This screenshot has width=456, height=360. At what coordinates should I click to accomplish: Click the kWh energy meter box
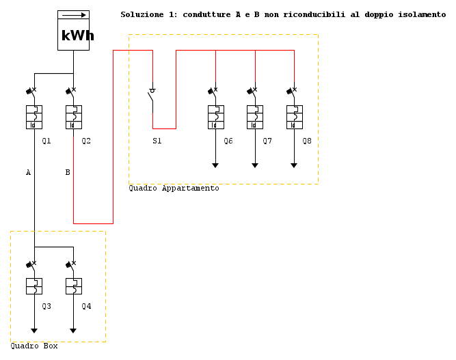(73, 30)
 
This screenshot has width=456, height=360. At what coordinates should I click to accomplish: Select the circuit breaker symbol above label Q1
(34, 116)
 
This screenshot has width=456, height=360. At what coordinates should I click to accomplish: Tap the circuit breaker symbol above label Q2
(73, 116)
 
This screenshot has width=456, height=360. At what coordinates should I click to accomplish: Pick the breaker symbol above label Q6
(215, 116)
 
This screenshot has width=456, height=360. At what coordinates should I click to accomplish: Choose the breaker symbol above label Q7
(255, 116)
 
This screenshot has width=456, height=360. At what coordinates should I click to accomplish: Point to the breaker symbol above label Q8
(294, 116)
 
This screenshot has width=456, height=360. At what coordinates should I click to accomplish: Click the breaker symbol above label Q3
(34, 286)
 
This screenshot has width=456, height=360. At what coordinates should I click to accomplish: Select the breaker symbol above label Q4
(73, 286)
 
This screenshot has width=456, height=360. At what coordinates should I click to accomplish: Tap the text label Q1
(46, 141)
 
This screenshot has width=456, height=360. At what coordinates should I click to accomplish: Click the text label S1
(157, 141)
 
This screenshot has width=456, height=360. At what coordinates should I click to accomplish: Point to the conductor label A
(28, 173)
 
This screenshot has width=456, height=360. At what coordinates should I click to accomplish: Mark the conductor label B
(67, 173)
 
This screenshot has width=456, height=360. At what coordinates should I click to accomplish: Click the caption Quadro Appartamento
(174, 189)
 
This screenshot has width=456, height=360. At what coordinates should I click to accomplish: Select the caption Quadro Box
(33, 346)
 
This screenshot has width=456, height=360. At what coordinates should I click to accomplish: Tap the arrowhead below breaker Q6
(215, 165)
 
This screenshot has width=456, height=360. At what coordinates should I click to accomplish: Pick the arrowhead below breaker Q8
(294, 165)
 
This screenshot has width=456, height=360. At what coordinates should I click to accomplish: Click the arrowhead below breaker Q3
(34, 331)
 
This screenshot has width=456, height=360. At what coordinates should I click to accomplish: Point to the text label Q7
(267, 141)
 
